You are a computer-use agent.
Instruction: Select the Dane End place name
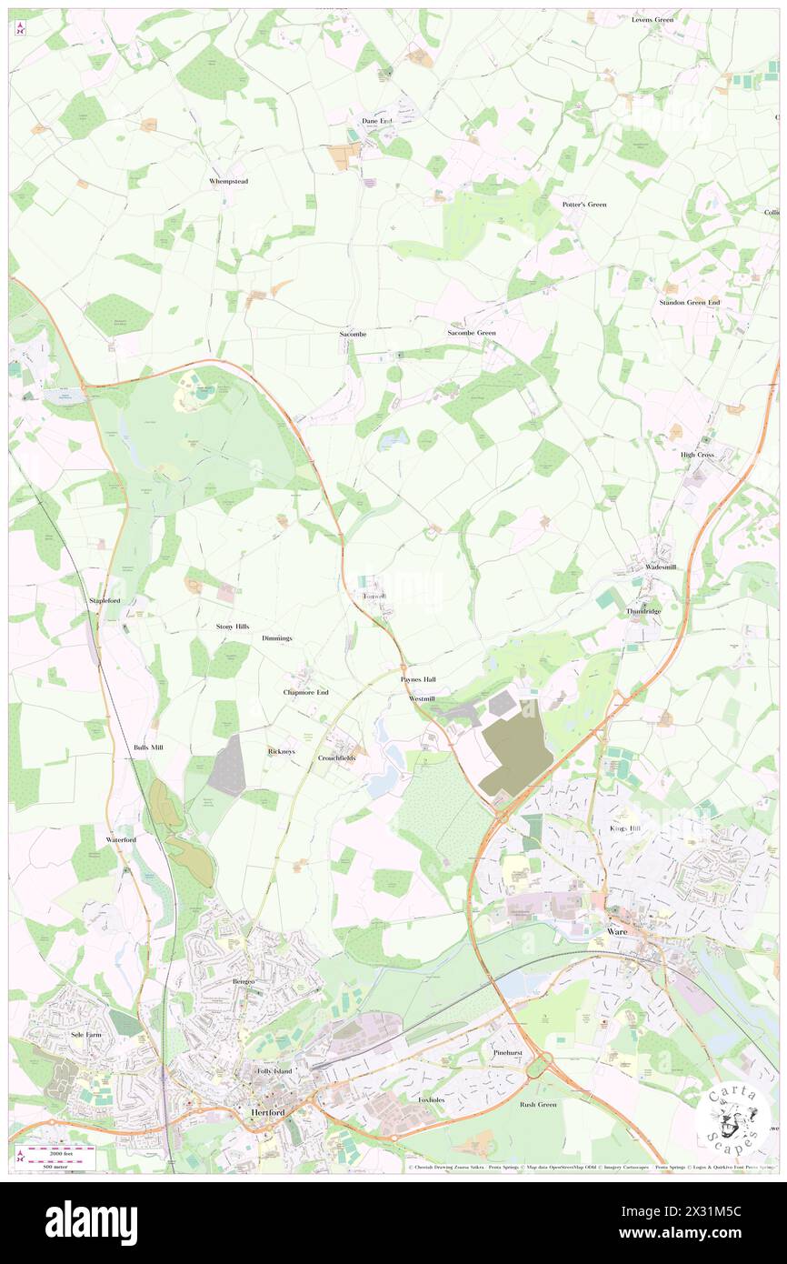click(376, 120)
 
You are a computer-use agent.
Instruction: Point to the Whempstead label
click(228, 181)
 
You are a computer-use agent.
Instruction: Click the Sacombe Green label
click(472, 333)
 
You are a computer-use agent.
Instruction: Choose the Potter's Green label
click(584, 205)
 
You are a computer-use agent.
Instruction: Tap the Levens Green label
click(653, 19)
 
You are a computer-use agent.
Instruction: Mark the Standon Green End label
click(690, 302)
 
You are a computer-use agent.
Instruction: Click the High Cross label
click(698, 454)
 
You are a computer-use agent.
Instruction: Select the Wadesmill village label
click(661, 567)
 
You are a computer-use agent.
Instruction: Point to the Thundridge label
click(644, 612)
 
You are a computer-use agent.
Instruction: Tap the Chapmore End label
click(305, 692)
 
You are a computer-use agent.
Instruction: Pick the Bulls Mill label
click(148, 747)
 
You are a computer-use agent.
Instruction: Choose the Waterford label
click(121, 839)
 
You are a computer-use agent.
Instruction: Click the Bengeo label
click(243, 982)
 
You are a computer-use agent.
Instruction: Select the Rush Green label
click(538, 1104)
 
